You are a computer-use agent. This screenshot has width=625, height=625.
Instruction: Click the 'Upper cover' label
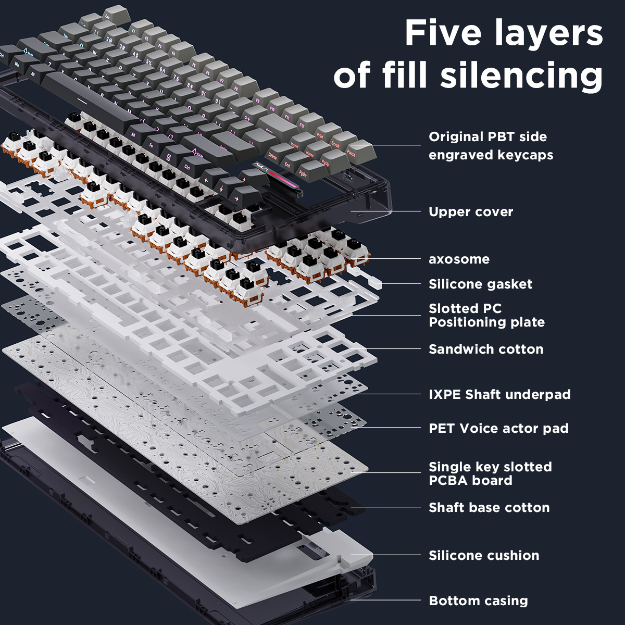coord(471,212)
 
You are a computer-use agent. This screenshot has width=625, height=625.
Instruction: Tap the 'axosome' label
coord(459,259)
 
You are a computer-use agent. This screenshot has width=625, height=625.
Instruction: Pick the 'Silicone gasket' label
coord(480,284)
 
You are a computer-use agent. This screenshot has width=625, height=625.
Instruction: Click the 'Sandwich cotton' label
coord(486,349)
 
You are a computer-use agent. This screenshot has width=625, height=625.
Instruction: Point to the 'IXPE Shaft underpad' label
coord(499,394)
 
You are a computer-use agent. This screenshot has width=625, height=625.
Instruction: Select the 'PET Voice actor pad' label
coord(498,429)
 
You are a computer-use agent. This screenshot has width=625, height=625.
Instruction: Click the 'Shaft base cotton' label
coord(489,507)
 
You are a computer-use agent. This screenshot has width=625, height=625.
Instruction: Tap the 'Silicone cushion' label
coord(484,555)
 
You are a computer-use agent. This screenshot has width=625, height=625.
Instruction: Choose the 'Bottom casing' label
coord(478,601)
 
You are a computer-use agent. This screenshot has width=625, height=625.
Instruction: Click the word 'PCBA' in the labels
coord(451,480)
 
